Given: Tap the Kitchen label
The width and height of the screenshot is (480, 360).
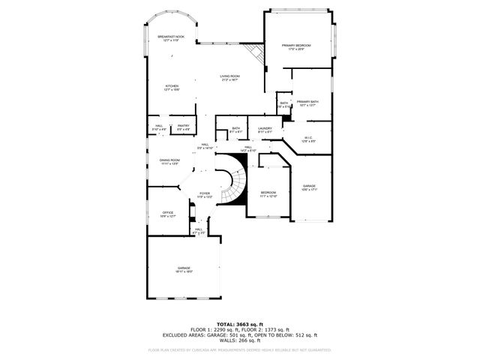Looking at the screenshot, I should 172,88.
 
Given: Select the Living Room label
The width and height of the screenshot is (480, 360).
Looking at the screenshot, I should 229,77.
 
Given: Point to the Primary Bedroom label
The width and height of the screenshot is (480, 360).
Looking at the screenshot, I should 296,47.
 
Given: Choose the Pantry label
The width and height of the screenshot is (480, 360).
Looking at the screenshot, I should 183,127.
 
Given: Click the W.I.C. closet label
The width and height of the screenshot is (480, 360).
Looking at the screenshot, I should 308,139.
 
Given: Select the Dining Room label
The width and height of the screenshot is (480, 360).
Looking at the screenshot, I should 169,161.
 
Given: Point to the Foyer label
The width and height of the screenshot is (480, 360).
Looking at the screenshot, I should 204,194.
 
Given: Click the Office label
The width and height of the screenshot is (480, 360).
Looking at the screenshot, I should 168,214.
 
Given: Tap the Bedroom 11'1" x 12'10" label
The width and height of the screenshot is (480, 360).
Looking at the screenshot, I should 268,193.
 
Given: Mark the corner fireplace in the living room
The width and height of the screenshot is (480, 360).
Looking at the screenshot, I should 257,54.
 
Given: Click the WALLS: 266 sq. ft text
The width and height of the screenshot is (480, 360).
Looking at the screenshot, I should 240,341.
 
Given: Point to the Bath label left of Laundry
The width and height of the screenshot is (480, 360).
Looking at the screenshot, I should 235,130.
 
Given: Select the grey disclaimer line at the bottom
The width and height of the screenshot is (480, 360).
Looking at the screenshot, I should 240,349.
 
